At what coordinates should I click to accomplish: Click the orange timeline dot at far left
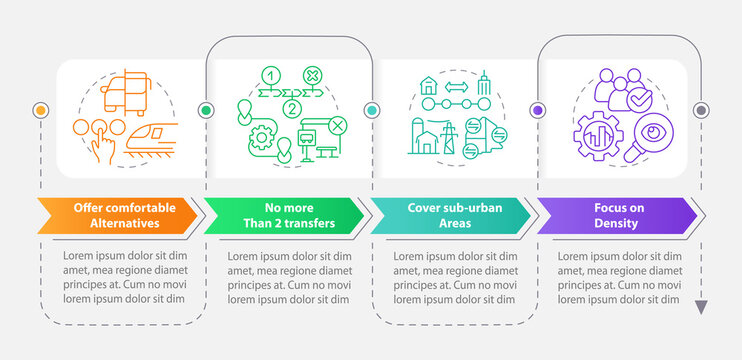point(41,109)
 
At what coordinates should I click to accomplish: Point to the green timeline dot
point(206,109)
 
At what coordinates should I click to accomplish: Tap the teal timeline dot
point(371,109)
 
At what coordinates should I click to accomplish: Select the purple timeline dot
point(537,109)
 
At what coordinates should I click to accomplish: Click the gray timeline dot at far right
point(701,109)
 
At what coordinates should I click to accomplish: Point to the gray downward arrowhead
point(701,307)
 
